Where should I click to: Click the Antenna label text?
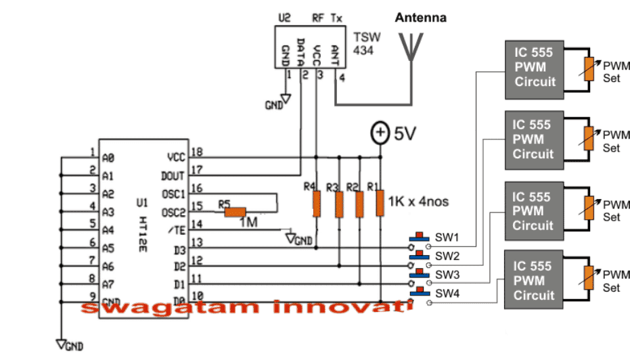(421, 18)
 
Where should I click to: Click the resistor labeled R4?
(316, 202)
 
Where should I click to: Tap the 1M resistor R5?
(235, 211)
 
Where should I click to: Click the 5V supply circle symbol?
(380, 133)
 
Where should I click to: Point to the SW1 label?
(447, 238)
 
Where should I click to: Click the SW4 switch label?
(447, 294)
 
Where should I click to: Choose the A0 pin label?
(109, 158)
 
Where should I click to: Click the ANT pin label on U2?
(334, 52)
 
